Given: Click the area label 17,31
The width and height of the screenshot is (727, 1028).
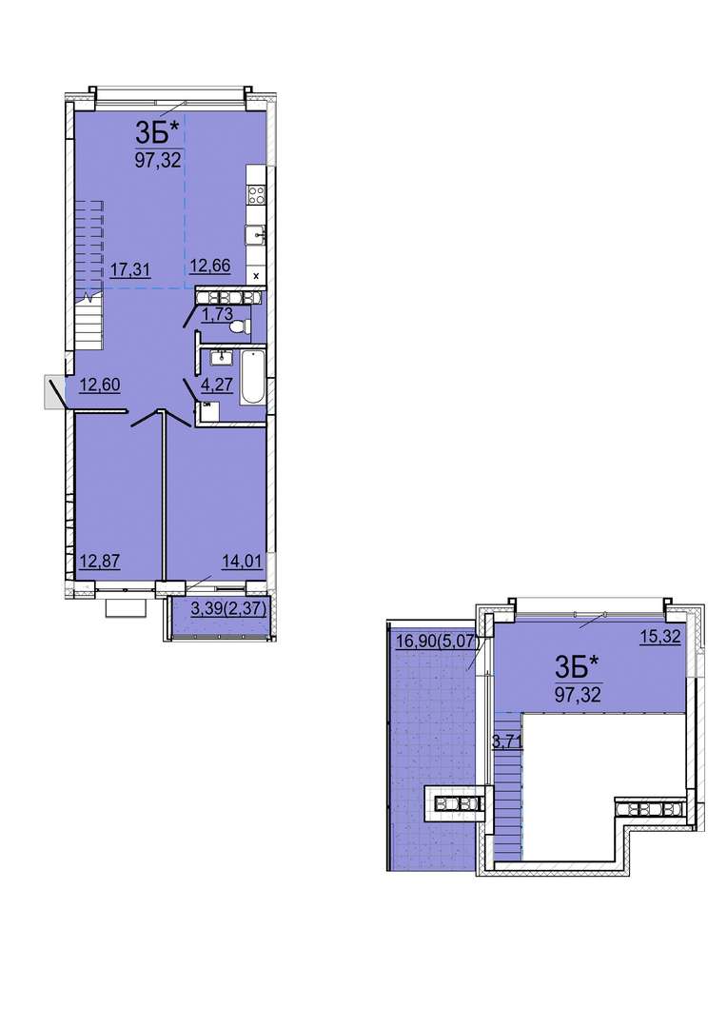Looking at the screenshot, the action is coord(130,268).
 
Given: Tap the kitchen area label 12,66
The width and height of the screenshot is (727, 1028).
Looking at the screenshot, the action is coord(209,267).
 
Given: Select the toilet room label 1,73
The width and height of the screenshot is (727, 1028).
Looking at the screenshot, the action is coord(217,315).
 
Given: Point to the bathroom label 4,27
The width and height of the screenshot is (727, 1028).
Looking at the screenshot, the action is coord(217,385).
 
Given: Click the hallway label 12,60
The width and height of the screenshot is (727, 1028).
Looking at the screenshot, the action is coord(100,385).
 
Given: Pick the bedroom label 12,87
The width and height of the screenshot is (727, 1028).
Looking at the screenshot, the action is coord(100,562).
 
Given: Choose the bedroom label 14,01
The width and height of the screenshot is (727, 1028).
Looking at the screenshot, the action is coord(242,562).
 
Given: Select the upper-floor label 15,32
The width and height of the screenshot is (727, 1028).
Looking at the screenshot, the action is coord(659,637).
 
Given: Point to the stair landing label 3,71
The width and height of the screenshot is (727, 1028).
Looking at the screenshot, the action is coord(507,742).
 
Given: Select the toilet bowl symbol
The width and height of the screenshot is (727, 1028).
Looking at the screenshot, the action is coord(241,326).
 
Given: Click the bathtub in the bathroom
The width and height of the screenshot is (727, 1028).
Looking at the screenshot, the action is coord(252,380).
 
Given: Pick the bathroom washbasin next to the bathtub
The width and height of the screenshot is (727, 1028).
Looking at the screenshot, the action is coord(221,358).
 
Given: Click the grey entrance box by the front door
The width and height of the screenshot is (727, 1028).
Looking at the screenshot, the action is coord(53,392).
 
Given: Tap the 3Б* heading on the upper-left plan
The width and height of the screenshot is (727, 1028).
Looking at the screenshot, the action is coord(157,133).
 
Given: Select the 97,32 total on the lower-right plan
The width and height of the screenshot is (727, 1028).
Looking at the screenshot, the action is coord(578,694).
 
